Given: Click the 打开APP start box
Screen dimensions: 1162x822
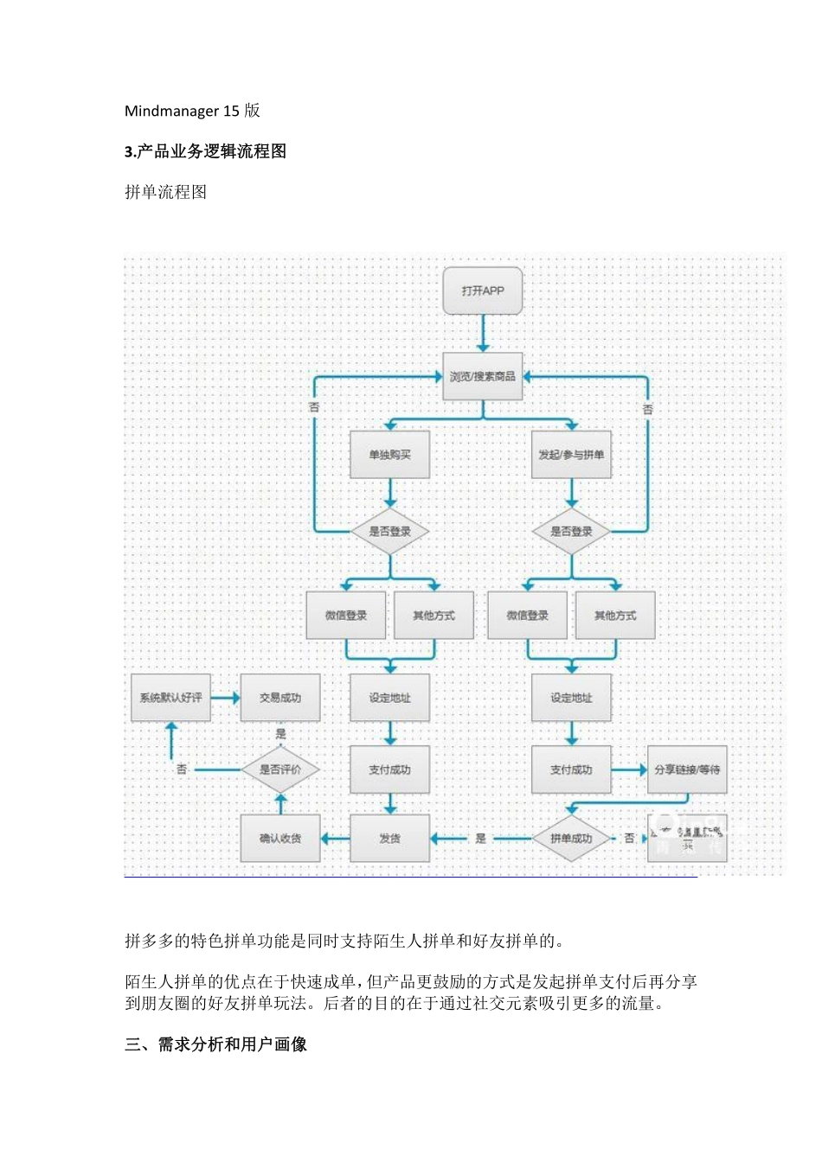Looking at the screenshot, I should pos(483,290).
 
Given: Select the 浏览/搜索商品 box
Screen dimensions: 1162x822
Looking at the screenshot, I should pos(483,376).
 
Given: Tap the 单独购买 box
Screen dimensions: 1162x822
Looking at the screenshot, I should pos(389,455).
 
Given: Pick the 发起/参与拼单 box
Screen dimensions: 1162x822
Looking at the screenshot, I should pos(571,455).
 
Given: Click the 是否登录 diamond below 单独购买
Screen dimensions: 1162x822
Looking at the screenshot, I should pos(389,531).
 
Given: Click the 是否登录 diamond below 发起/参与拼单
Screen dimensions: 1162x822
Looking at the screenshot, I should pos(571,531).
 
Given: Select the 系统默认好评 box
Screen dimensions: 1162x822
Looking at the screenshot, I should pos(170,698).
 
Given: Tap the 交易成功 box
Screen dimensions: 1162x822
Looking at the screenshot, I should pos(280,698).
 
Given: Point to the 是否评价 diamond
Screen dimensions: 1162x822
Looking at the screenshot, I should pos(280,769).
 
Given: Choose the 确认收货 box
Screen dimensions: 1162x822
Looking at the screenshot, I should pos(280,838).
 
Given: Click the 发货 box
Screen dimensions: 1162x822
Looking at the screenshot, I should pos(389,838).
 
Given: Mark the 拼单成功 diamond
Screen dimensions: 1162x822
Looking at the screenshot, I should pos(571,838).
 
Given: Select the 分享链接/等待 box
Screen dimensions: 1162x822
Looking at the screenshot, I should pos(687,769).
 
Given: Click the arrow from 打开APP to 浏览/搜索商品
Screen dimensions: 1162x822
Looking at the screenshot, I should pos(483,333).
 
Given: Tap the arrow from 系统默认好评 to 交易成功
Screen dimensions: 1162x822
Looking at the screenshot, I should pos(225,698).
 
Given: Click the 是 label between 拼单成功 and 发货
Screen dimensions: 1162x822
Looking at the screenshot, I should pos(480,838).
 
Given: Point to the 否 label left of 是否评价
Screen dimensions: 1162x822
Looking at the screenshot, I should pos(182,769).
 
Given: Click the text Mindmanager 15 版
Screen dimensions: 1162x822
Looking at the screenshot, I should pos(192,111).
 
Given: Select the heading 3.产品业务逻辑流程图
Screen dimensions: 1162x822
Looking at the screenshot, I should pos(205,151).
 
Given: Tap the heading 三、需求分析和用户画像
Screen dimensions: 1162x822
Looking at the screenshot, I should pos(215,1044).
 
